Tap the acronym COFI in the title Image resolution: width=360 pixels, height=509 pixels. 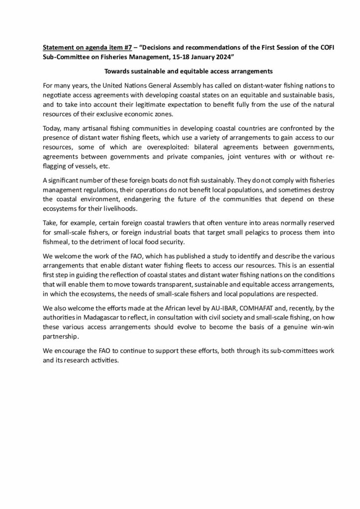307,48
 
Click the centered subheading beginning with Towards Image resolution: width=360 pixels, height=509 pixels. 180,71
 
